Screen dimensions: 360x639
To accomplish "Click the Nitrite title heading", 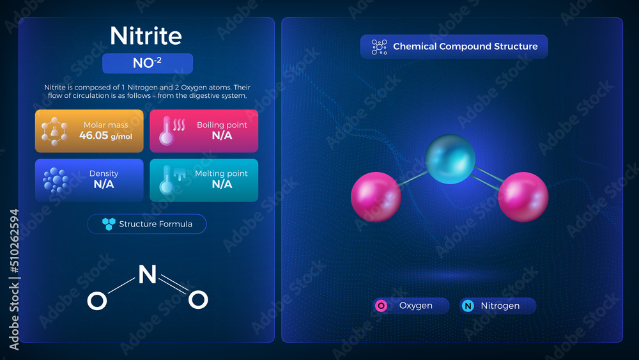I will coord(147,36).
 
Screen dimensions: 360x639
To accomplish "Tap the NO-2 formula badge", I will coord(147,64).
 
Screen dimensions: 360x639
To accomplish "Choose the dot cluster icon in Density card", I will coord(55,180).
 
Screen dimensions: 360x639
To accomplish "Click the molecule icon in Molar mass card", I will coord(54,131).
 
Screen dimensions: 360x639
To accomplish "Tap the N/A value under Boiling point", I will coord(222,136).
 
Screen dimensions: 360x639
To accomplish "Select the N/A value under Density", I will coord(104,184).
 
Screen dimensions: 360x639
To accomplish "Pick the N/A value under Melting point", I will coord(222,184).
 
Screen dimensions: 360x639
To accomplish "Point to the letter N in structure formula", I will coord(148,274).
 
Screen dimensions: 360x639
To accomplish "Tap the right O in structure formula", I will coord(199,299).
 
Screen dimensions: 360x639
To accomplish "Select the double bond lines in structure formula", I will coord(173,285).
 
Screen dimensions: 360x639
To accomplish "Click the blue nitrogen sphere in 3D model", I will coord(450,159).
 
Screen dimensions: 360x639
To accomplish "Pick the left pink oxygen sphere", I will coord(376,197).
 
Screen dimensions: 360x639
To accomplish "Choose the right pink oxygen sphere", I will coord(523,197).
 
